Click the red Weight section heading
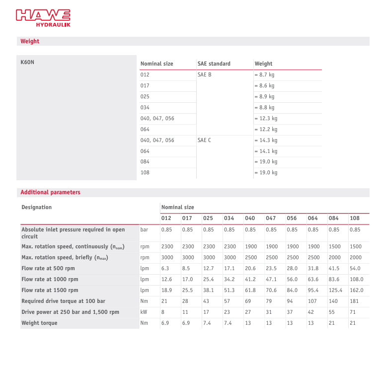point(30,41)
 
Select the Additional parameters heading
point(50,192)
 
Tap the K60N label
point(27,63)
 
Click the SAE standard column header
point(214,64)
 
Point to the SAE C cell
point(204,140)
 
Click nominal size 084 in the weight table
point(145,161)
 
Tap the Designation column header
point(36,207)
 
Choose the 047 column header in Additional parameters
point(271,218)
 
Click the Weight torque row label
point(39,323)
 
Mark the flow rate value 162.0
point(356,290)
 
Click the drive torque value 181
point(354,301)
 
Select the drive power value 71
point(353,312)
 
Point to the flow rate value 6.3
point(165,268)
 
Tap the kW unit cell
point(145,312)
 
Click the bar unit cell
point(145,229)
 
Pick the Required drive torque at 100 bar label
point(63,301)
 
